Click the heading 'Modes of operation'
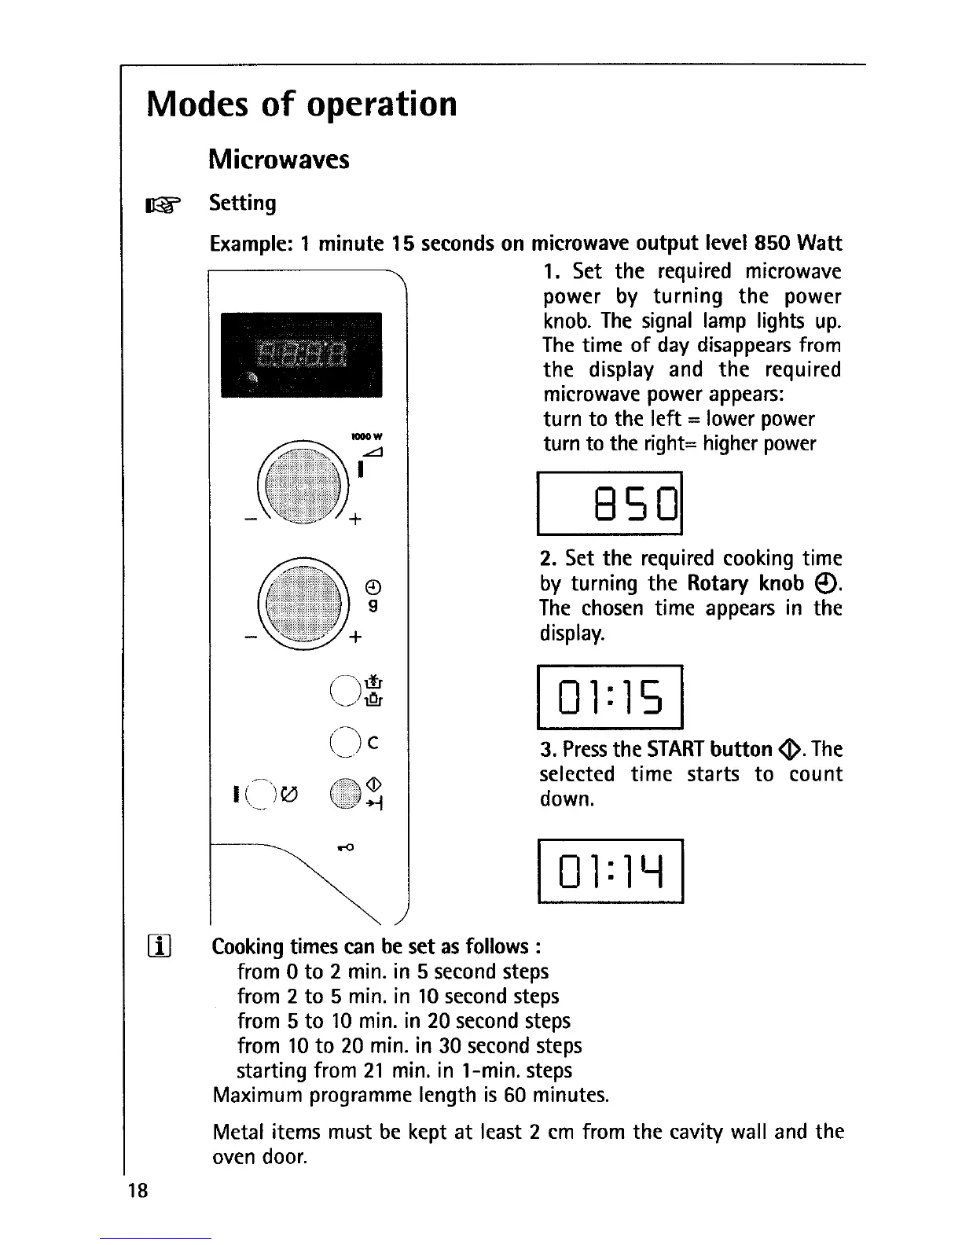302,105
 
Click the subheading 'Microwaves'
279,160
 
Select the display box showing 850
611,503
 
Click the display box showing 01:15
611,696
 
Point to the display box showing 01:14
611,871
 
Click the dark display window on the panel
301,354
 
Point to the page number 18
138,1191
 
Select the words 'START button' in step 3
709,749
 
